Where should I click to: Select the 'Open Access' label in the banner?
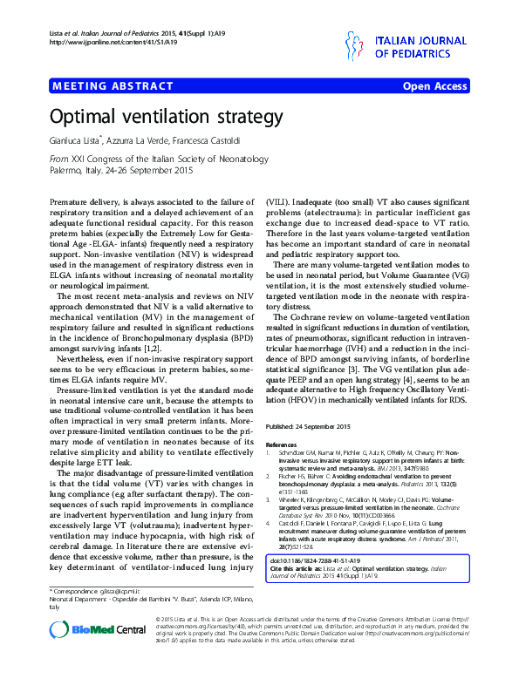tap(434, 86)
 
